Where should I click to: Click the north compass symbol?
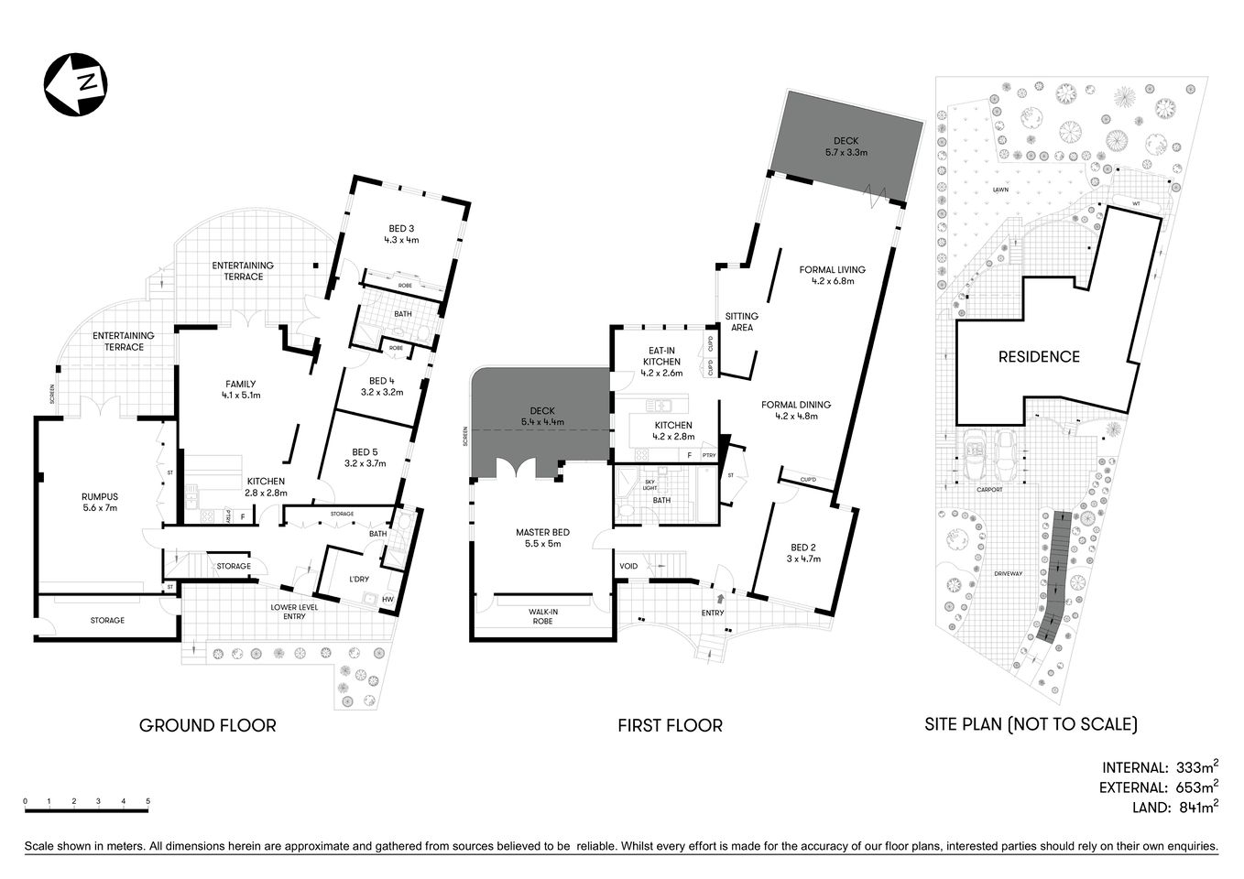coord(76,85)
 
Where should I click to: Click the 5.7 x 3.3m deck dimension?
coord(845,152)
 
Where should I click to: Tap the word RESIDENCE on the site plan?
coord(1039,357)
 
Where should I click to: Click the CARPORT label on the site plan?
coord(988,489)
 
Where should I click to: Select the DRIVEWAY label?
coord(1006,573)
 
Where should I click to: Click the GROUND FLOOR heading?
coord(207,725)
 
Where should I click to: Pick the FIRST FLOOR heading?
coord(670,725)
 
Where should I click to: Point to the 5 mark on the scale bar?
coord(147,801)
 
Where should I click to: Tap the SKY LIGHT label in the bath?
coord(650,485)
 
